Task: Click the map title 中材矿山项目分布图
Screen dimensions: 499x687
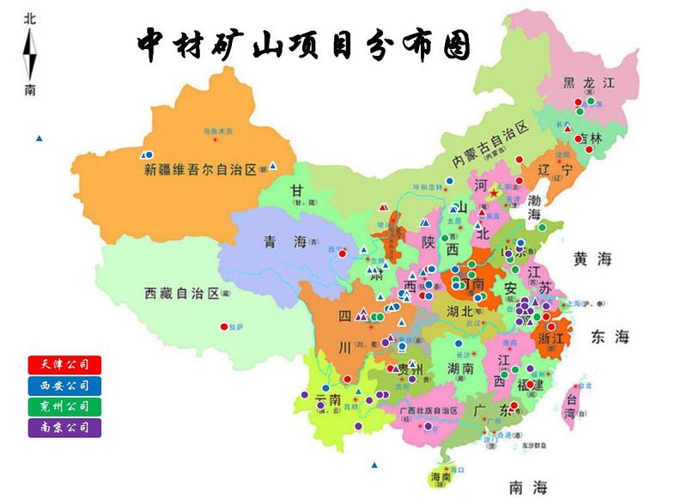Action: tap(304, 45)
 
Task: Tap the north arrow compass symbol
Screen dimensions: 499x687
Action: tap(30, 54)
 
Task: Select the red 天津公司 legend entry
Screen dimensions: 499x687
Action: tap(64, 365)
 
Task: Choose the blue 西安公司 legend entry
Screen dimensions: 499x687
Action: tap(64, 386)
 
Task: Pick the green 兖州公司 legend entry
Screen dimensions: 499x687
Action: tap(64, 405)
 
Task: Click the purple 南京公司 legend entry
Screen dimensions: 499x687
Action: tap(64, 426)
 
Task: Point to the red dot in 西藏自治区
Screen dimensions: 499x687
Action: tap(224, 326)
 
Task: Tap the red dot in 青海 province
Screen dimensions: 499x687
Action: tap(342, 253)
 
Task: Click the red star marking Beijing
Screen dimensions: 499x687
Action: tap(494, 195)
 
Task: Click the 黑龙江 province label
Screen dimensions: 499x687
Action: tap(589, 83)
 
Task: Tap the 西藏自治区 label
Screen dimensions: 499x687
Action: tap(181, 294)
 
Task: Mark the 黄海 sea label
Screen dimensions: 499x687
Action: tap(593, 259)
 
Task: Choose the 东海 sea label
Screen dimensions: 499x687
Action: tap(610, 337)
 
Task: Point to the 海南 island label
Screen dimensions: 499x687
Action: tap(441, 478)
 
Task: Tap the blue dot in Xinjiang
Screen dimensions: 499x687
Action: tap(149, 155)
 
